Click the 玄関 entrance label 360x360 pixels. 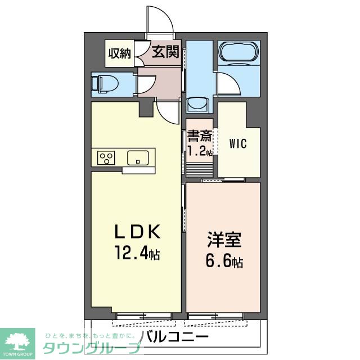point(165,53)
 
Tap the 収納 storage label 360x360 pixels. point(120,53)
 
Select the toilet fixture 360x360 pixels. point(105,84)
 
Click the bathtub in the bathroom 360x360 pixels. point(239,53)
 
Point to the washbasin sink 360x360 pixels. point(197,104)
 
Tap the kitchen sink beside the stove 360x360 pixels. point(137,158)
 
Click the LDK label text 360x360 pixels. point(138,231)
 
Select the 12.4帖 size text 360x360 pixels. point(137,254)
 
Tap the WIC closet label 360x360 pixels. point(237,143)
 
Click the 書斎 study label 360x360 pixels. point(200,137)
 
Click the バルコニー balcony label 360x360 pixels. point(174,337)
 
